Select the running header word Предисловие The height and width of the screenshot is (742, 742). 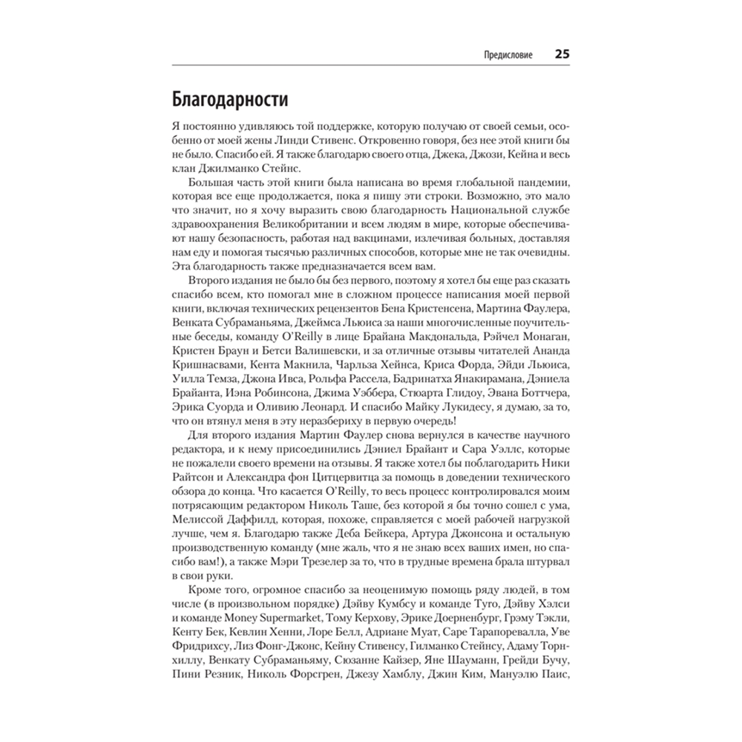click(508, 56)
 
